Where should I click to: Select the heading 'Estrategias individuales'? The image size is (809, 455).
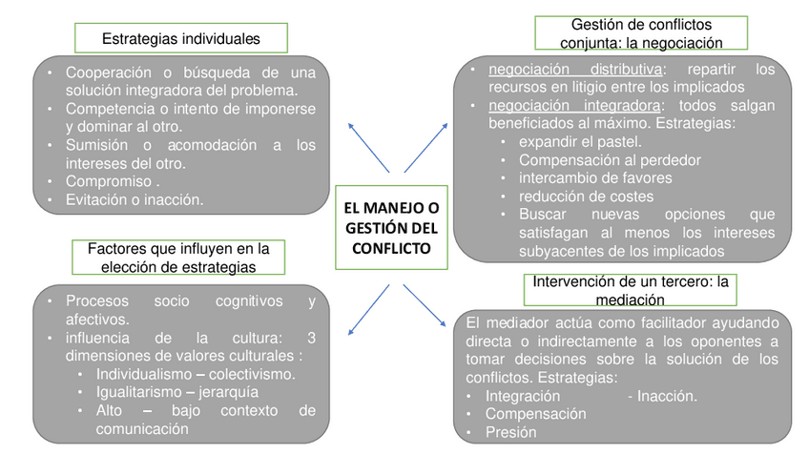(x=180, y=39)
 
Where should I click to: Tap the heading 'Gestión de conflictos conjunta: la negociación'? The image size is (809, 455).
(x=640, y=32)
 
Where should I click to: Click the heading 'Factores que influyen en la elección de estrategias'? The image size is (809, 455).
(x=178, y=258)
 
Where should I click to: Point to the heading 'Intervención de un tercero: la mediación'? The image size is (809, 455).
(x=630, y=290)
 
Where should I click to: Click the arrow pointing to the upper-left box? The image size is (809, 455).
(x=367, y=147)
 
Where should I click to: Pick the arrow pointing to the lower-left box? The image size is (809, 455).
(x=367, y=309)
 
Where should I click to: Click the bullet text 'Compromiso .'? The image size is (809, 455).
(x=113, y=181)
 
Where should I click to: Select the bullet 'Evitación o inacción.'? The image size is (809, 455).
(x=135, y=199)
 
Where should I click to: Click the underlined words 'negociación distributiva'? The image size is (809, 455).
(x=575, y=70)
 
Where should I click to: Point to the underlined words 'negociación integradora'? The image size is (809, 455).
(x=574, y=105)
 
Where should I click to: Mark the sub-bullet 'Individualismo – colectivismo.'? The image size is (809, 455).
(x=196, y=373)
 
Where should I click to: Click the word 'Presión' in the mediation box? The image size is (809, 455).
(x=510, y=432)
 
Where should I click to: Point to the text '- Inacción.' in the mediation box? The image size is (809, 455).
(x=662, y=396)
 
